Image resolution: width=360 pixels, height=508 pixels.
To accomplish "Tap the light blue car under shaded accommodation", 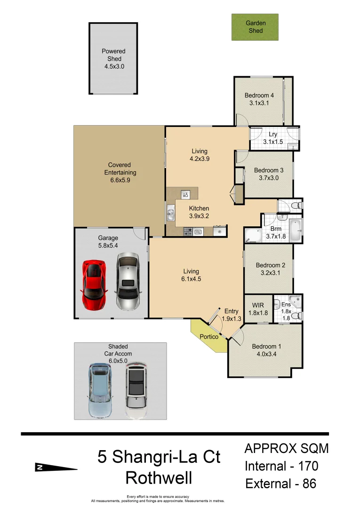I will pyautogui.click(x=100, y=390).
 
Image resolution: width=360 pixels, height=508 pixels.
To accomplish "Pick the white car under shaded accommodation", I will pyautogui.click(x=136, y=390).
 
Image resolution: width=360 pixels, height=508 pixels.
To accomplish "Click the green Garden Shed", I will pyautogui.click(x=255, y=27).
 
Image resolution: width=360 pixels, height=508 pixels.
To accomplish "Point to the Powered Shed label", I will pyautogui.click(x=114, y=55).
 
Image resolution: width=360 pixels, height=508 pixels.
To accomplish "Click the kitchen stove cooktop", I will pyautogui.click(x=188, y=231).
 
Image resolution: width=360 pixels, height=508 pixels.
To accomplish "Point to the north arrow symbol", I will pyautogui.click(x=56, y=468).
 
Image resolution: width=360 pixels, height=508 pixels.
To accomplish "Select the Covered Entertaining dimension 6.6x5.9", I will pyautogui.click(x=119, y=180).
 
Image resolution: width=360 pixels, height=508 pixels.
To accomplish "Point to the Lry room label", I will pyautogui.click(x=273, y=135).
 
